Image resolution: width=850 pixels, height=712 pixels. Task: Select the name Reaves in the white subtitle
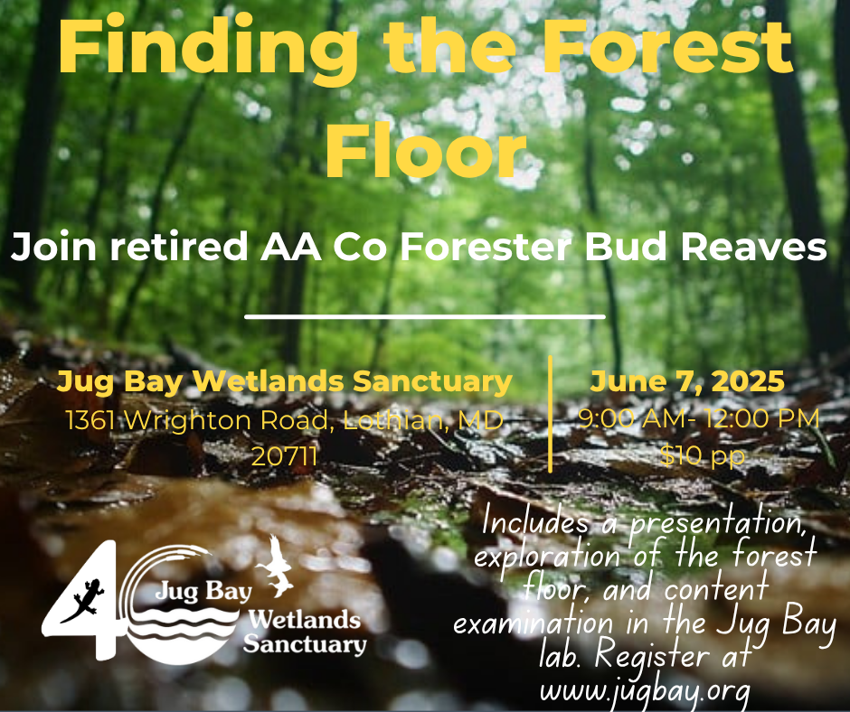pyautogui.click(x=753, y=247)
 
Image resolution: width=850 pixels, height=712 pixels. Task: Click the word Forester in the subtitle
pyautogui.click(x=486, y=247)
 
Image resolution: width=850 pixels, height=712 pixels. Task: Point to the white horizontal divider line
pyautogui.click(x=424, y=316)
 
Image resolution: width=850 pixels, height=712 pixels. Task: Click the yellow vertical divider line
pyautogui.click(x=550, y=414)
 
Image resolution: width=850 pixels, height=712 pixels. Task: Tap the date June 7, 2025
pyautogui.click(x=687, y=382)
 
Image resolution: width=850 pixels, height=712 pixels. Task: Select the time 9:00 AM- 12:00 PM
pyautogui.click(x=699, y=418)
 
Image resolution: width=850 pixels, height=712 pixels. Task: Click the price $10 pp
pyautogui.click(x=703, y=456)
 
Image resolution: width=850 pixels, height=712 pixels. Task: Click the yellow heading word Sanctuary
pyautogui.click(x=432, y=382)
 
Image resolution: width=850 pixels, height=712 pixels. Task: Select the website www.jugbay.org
pyautogui.click(x=645, y=691)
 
